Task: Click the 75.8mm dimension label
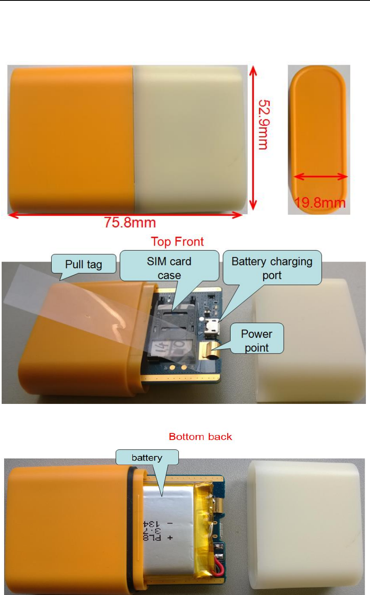pyautogui.click(x=130, y=223)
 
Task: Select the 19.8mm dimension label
pyautogui.click(x=320, y=203)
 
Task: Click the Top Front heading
pyautogui.click(x=177, y=242)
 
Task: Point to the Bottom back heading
pyautogui.click(x=200, y=437)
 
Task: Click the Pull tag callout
pyautogui.click(x=83, y=264)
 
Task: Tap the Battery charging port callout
pyautogui.click(x=272, y=268)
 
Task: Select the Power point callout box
pyautogui.click(x=256, y=340)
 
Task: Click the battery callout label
pyautogui.click(x=147, y=458)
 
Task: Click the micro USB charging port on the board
pyautogui.click(x=213, y=327)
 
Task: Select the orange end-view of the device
pyautogui.click(x=319, y=139)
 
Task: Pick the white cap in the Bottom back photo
pyautogui.click(x=306, y=525)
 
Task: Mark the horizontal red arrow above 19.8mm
pyautogui.click(x=320, y=177)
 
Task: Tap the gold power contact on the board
pyautogui.click(x=207, y=350)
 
